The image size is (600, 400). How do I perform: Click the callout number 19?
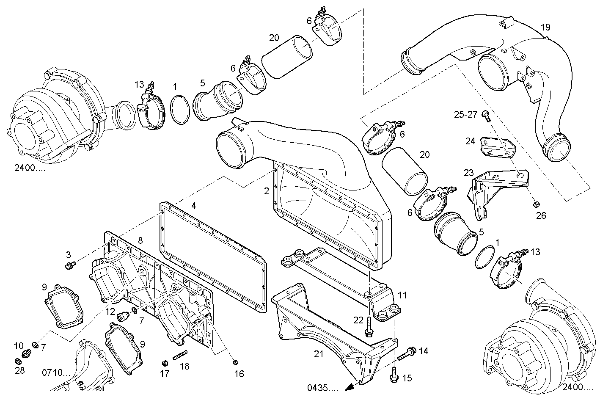click(545, 28)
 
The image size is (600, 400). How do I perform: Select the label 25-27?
click(465, 114)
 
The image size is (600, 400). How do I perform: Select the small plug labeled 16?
click(236, 362)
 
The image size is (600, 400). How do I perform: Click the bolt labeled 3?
click(70, 265)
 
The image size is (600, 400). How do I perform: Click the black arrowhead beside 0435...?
click(350, 387)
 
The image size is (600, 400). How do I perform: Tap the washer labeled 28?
click(18, 362)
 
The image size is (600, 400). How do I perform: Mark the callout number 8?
click(140, 241)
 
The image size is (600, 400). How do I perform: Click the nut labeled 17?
click(165, 363)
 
